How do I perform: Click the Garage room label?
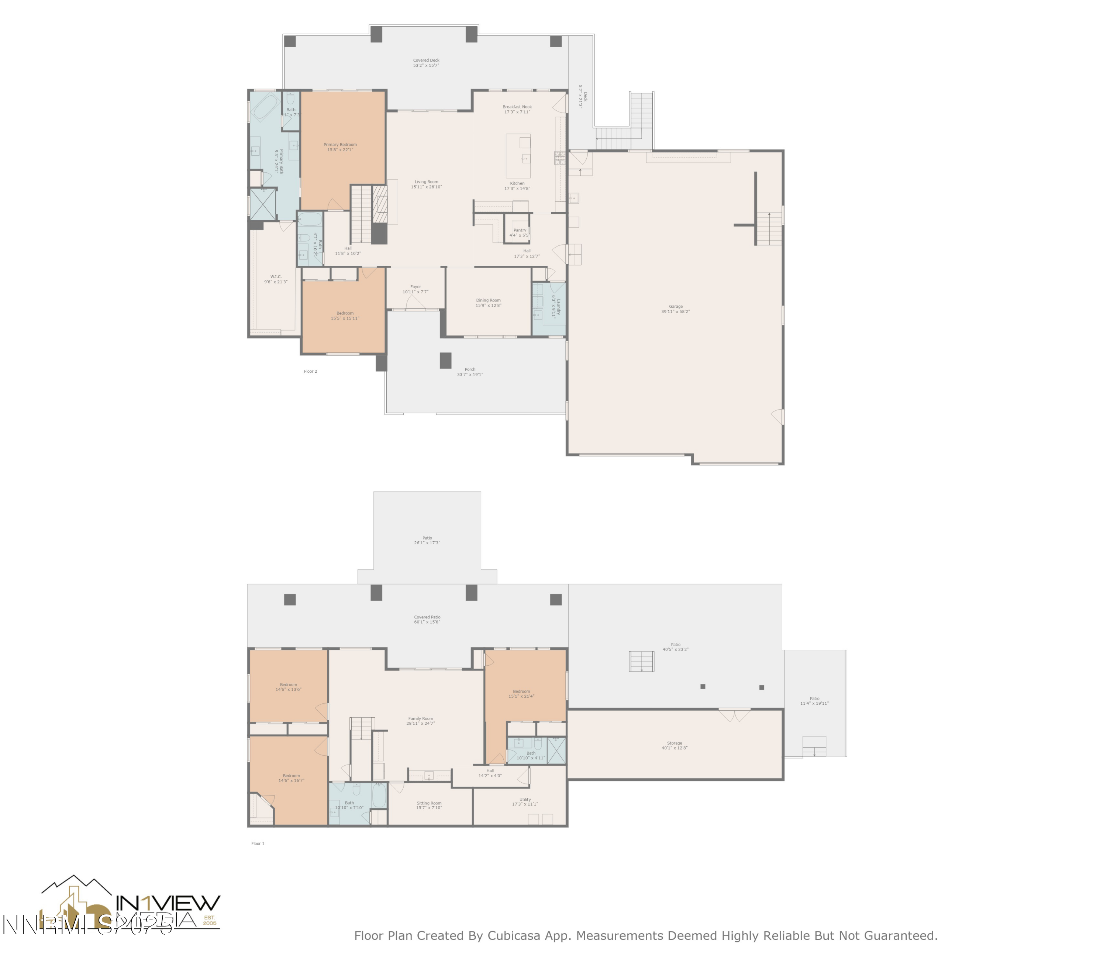(675, 309)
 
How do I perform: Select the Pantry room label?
(519, 232)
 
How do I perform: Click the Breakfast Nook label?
(517, 107)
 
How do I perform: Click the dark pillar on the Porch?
(445, 360)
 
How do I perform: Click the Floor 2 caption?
(310, 372)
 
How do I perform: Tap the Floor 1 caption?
(258, 844)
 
